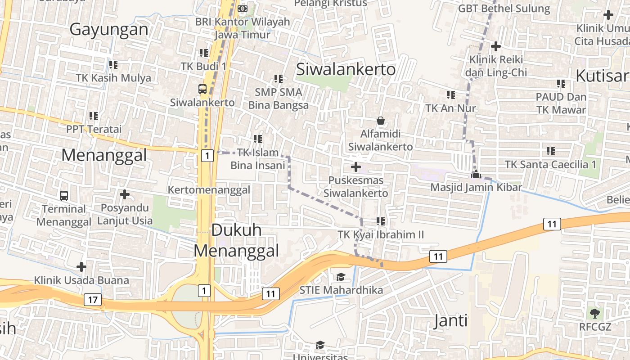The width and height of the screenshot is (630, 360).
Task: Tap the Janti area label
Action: point(450,321)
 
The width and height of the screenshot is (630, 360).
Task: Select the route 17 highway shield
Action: point(92,300)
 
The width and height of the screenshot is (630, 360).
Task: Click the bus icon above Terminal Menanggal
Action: point(64,196)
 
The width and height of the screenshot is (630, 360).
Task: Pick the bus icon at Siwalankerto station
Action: point(202,89)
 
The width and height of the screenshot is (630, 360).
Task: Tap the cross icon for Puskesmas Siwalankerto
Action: point(356,167)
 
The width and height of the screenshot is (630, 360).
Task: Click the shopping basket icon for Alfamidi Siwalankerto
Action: point(381,121)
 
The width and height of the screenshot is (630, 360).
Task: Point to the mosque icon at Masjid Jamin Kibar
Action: point(476,175)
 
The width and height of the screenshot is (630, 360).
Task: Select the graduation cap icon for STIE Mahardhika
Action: point(341,276)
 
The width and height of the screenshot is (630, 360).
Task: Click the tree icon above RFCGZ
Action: point(594,313)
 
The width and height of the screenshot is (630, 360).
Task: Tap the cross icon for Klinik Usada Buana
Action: point(81,267)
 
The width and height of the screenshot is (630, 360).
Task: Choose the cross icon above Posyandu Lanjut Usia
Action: point(125,194)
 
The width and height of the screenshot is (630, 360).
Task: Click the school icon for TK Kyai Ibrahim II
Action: point(381,221)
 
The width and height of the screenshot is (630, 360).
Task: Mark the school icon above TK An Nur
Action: point(450,95)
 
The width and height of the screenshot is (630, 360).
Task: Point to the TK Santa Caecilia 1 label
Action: point(550,164)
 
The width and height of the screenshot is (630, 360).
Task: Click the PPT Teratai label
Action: point(94,129)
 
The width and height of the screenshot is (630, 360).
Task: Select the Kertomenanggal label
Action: point(209,190)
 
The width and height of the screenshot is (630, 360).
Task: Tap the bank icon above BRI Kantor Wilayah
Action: point(243,9)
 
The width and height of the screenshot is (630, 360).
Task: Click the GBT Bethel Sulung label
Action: point(504,9)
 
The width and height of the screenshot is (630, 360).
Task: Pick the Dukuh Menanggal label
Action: point(236,240)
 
